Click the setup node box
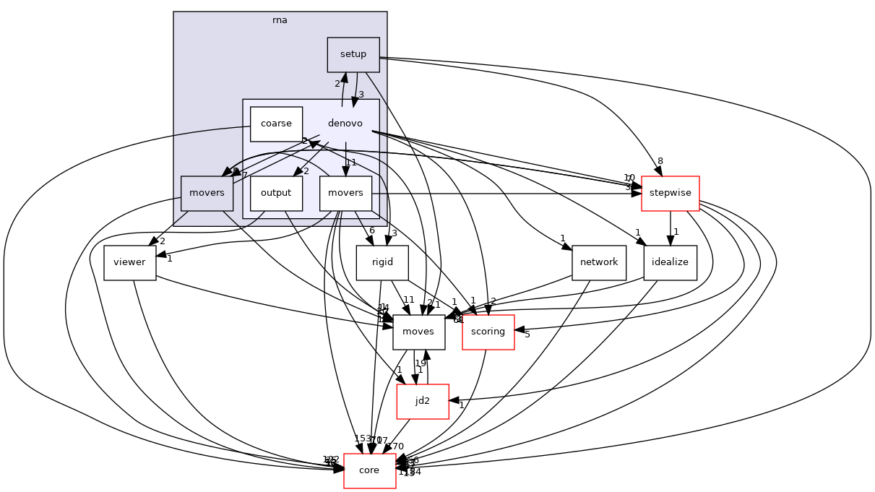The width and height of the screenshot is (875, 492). click(x=353, y=54)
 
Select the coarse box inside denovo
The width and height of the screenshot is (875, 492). click(x=276, y=124)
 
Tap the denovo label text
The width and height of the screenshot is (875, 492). click(x=345, y=124)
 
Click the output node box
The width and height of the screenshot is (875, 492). click(x=276, y=193)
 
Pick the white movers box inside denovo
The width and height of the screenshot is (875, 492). click(x=345, y=193)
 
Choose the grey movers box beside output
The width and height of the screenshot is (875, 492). click(x=207, y=193)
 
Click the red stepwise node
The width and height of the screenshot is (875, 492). click(x=670, y=193)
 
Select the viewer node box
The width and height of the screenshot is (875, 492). click(x=129, y=262)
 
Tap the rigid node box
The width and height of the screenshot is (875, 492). click(x=382, y=262)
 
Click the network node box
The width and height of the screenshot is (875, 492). click(x=598, y=262)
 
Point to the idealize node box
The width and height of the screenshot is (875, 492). click(x=671, y=262)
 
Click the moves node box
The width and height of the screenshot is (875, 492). click(x=418, y=332)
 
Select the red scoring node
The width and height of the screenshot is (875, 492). click(x=488, y=332)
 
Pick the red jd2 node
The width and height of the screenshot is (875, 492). click(x=423, y=401)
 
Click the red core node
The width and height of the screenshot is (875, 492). click(x=369, y=470)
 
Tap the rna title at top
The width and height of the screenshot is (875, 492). click(x=280, y=20)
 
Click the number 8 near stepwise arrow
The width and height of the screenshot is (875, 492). click(x=660, y=161)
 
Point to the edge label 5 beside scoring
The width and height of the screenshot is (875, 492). click(x=527, y=335)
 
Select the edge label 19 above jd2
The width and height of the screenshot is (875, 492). click(x=421, y=363)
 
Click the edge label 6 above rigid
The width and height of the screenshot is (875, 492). click(x=371, y=230)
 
